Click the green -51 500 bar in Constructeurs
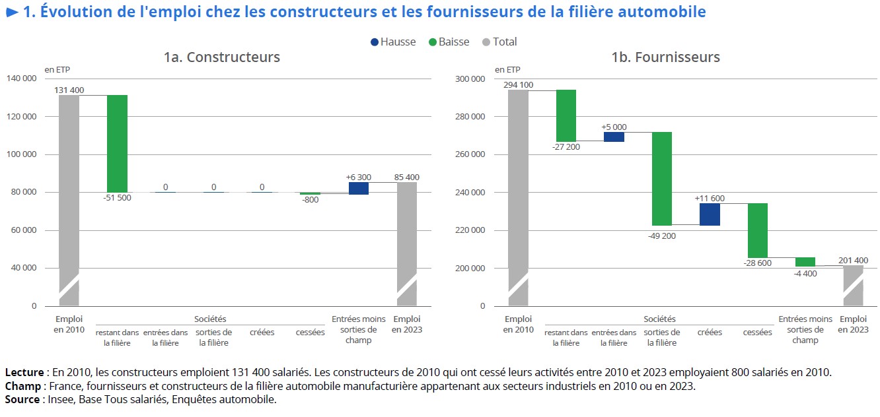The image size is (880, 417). pos(117,143)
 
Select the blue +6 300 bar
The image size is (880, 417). pos(359,189)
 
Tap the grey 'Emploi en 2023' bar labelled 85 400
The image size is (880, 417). pos(407,243)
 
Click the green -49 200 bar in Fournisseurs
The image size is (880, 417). pos(662,179)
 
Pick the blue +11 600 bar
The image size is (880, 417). pos(710,214)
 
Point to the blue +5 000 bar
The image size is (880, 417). pos(614,137)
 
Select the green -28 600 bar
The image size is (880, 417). pos(758,230)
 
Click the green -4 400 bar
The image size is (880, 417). pos(805,262)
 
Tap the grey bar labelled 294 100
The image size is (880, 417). pos(518,197)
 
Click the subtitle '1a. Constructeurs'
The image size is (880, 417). pos(222,57)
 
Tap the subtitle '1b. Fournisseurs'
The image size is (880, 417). pos(665,57)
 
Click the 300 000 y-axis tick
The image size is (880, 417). pos(471,79)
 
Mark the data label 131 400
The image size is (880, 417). pos(69,90)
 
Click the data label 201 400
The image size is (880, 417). pos(853,260)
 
